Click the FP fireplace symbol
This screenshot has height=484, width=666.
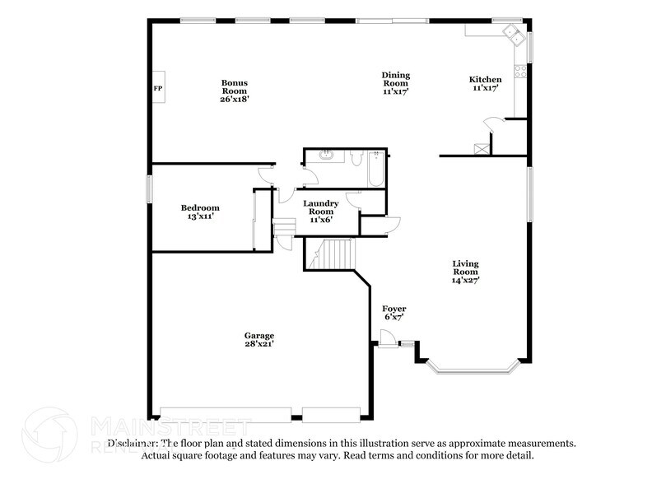point(157,88)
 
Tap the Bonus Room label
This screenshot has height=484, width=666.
point(234,91)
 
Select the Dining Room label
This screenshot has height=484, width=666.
point(395,83)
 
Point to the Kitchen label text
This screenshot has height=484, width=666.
point(485,83)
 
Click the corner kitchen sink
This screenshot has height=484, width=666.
point(516,34)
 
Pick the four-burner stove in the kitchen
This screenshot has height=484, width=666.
point(520,71)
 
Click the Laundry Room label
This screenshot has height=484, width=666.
point(319,212)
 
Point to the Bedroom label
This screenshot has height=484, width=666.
point(200,212)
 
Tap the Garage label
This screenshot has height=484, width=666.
point(258,339)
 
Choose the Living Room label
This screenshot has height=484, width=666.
point(465,272)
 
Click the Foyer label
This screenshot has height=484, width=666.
point(394,312)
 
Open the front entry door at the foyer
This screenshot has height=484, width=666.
point(386,337)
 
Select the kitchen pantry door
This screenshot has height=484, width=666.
point(491,124)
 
